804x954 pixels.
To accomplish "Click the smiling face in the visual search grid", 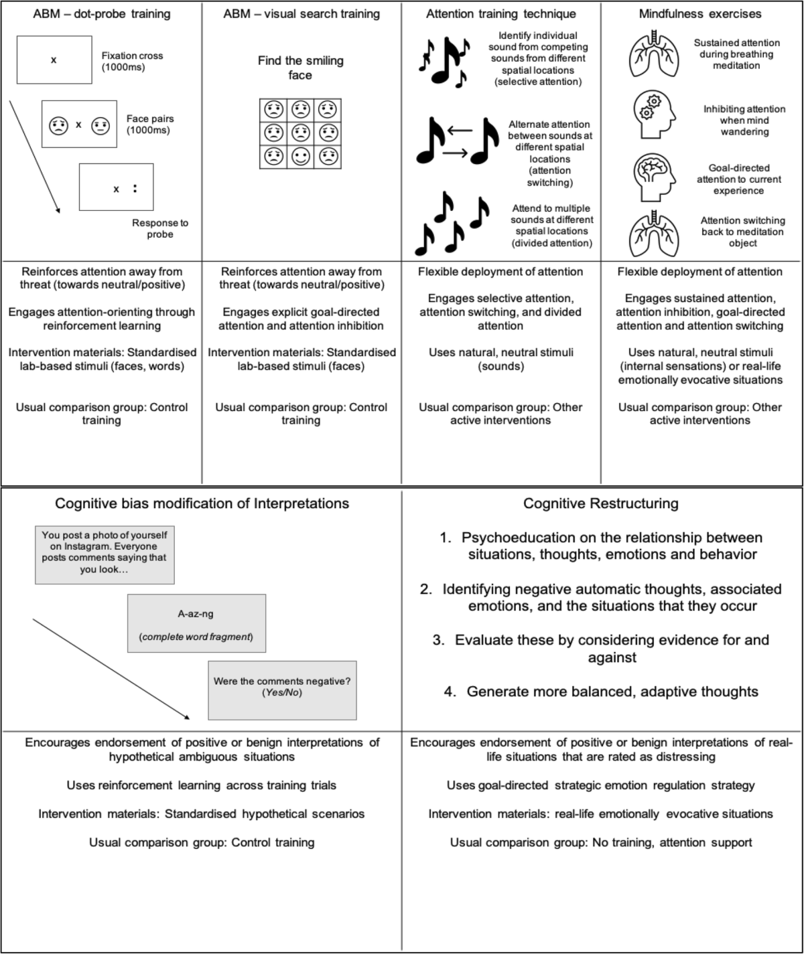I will tap(300, 156).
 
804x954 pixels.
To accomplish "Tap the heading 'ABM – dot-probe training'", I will tap(102, 13).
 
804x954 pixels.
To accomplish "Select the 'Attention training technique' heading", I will tap(500, 13).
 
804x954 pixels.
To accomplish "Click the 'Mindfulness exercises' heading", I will tap(699, 13).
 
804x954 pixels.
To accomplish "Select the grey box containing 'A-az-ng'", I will tap(196, 623).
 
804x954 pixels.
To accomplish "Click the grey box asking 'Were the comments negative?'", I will tap(282, 690).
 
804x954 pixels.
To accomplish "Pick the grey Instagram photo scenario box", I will tap(105, 555).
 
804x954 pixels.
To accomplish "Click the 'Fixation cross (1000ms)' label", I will tap(132, 62).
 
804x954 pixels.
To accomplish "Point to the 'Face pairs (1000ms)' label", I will tap(150, 125).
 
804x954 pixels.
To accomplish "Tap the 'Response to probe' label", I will tap(160, 228).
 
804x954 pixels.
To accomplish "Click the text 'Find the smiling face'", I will tap(300, 68).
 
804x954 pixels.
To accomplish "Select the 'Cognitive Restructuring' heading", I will tap(601, 503).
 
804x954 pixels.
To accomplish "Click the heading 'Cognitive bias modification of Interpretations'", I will tap(202, 503).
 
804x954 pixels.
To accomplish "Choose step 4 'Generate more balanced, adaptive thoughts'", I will tap(601, 692).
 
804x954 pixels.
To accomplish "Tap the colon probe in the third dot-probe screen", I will tap(135, 189).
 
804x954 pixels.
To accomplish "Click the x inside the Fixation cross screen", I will tap(54, 60).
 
